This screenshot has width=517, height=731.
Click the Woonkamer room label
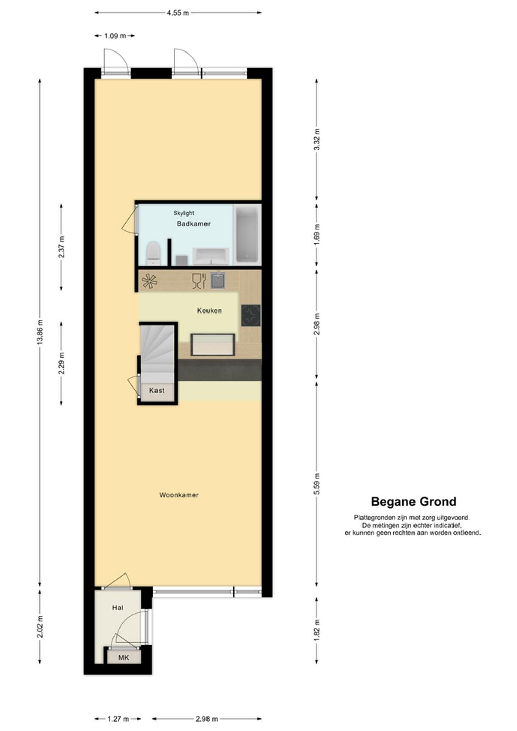coord(179,495)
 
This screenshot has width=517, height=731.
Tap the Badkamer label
coord(193,224)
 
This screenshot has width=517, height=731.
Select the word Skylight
coord(184,213)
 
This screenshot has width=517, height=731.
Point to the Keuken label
coord(209,310)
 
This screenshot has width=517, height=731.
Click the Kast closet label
coord(157,390)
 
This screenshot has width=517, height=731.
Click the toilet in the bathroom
coord(153,253)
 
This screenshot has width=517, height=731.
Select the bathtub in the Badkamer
coord(247,234)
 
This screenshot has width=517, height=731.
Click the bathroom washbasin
coord(212,256)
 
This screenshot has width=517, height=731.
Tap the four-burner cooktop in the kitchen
coord(250,316)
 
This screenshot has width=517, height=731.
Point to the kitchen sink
coord(218,281)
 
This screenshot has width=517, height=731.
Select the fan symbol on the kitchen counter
coord(149,281)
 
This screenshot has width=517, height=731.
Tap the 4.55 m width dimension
coord(178,13)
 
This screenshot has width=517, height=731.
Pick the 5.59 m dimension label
coord(316,483)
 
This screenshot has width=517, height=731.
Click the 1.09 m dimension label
coord(115,36)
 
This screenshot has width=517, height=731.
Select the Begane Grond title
coord(413,501)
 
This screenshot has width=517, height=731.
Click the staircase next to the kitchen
coord(157,354)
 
